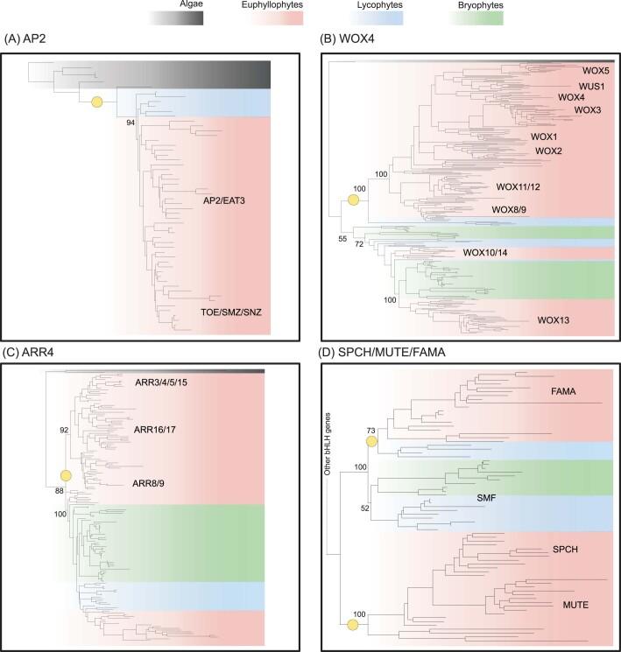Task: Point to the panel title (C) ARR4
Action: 36,354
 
